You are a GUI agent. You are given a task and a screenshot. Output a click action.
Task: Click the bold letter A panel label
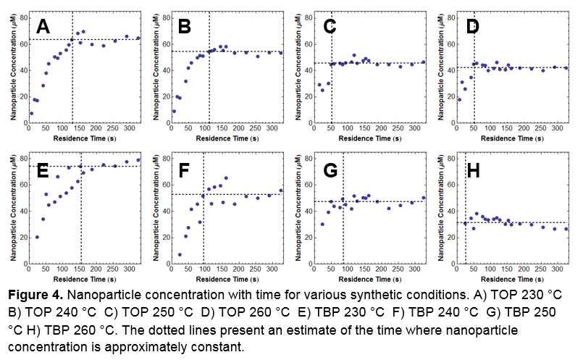pyautogui.click(x=43, y=28)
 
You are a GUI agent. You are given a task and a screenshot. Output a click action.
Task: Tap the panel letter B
pyautogui.click(x=185, y=28)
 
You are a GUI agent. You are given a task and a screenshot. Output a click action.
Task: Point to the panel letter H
pyautogui.click(x=472, y=171)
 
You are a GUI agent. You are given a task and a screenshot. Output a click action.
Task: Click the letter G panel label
pyautogui.click(x=330, y=171)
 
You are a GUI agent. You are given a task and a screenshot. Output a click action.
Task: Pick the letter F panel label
pyautogui.click(x=185, y=171)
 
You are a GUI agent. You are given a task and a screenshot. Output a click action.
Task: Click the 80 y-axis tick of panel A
pyautogui.click(x=22, y=16)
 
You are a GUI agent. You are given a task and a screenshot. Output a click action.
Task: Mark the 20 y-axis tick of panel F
pyautogui.click(x=164, y=238)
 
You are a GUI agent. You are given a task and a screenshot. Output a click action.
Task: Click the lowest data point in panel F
pyautogui.click(x=179, y=255)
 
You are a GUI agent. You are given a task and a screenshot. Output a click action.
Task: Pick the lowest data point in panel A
pyautogui.click(x=30, y=114)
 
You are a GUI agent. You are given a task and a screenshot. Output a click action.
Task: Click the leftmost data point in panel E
pyautogui.click(x=37, y=237)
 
